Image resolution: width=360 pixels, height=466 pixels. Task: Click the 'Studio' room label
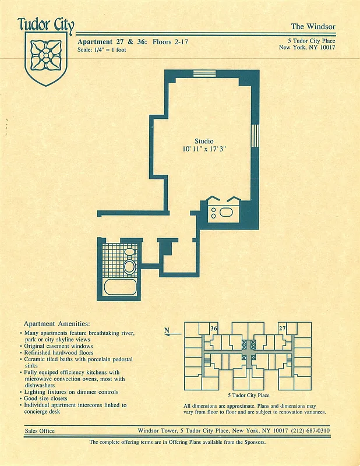click(x=204, y=142)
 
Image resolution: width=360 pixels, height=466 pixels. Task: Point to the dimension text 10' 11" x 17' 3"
click(x=204, y=150)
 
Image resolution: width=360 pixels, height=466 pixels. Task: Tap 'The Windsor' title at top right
click(x=313, y=26)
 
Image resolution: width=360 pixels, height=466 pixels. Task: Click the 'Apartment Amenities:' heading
click(x=57, y=323)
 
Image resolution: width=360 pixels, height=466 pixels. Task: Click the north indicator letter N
click(x=167, y=331)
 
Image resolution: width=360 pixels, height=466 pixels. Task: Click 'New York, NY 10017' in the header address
click(x=308, y=47)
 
